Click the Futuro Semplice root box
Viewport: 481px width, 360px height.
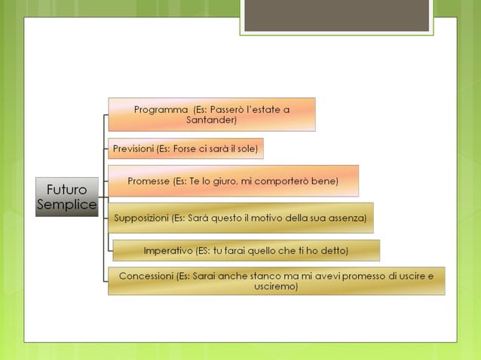click(x=67, y=197)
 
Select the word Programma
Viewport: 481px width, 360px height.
click(x=161, y=109)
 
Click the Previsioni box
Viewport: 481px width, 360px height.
click(x=185, y=148)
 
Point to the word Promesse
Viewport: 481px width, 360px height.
click(x=149, y=181)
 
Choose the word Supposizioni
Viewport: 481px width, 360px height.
click(x=141, y=218)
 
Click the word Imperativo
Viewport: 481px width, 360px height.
click(x=167, y=249)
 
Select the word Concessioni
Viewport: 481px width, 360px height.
click(x=146, y=276)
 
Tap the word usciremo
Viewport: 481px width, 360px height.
click(x=276, y=286)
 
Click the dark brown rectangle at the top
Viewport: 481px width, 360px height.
click(x=336, y=15)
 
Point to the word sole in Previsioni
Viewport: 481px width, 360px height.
click(x=246, y=148)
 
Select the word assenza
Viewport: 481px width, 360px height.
click(x=346, y=218)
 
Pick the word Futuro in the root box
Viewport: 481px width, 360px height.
click(x=67, y=189)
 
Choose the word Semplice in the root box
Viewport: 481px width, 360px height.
click(x=67, y=205)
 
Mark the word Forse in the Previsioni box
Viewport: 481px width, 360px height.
click(x=185, y=148)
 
